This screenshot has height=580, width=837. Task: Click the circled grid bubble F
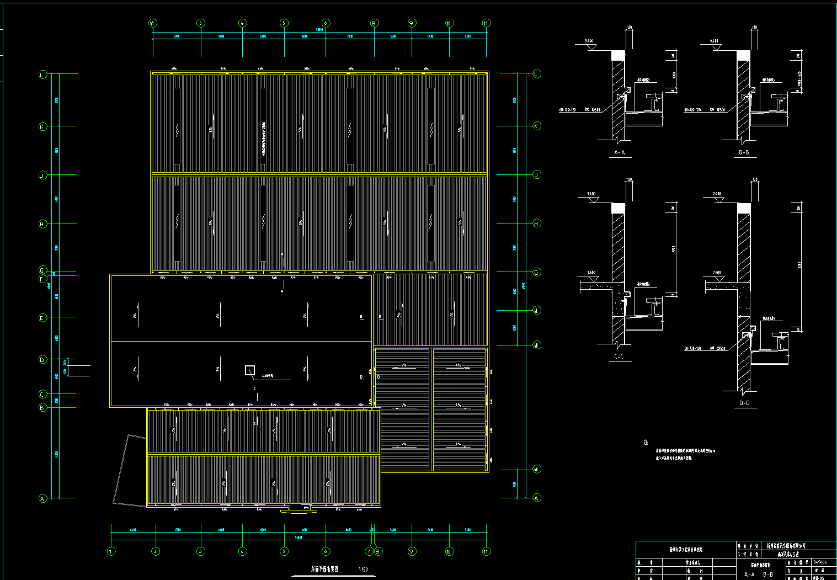[x=42, y=279]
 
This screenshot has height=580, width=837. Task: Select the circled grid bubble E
[x=42, y=318]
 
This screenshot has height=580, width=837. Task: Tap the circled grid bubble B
[x=42, y=408]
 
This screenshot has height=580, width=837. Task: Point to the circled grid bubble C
[x=42, y=394]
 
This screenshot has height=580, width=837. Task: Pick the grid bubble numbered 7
[x=369, y=551]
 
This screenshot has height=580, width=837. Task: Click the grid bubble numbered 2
[x=156, y=551]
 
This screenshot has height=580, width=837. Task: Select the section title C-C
[x=619, y=357]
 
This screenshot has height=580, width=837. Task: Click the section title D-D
[x=744, y=403]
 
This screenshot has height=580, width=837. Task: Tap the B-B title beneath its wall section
[x=744, y=152]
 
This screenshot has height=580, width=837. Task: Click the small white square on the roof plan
[x=250, y=370]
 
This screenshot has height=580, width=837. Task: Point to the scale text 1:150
[x=363, y=570]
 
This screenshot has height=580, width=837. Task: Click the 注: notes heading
[x=646, y=443]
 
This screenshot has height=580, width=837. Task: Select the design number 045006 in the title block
[x=820, y=562]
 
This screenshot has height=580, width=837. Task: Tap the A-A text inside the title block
[x=749, y=574]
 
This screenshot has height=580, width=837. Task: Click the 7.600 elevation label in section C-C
[x=591, y=273]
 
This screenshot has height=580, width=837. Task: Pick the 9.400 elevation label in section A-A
[x=589, y=41]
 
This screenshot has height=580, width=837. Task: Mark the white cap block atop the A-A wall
[x=618, y=56]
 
